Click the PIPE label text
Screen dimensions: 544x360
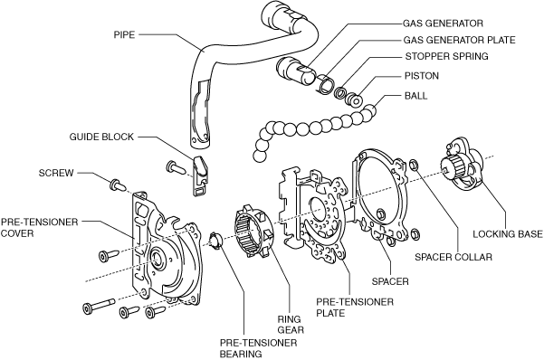pyautogui.click(x=124, y=34)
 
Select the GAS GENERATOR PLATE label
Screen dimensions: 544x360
pyautogui.click(x=459, y=40)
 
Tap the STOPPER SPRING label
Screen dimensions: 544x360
pyautogui.click(x=447, y=56)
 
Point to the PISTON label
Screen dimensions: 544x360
pyautogui.click(x=422, y=76)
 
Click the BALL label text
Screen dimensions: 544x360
pyautogui.click(x=416, y=95)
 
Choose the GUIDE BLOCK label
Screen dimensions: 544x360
pyautogui.click(x=101, y=137)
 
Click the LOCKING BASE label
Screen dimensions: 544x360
pyautogui.click(x=508, y=234)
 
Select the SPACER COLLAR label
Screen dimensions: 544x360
pyautogui.click(x=453, y=257)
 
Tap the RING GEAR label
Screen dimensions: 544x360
pyautogui.click(x=291, y=325)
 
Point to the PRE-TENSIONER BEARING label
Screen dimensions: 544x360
pyautogui.click(x=259, y=348)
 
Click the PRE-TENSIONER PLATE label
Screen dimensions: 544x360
pyautogui.click(x=355, y=308)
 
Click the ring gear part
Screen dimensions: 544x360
pyautogui.click(x=253, y=232)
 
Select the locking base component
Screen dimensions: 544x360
pyautogui.click(x=463, y=164)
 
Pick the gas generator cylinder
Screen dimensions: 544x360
pyautogui.click(x=297, y=71)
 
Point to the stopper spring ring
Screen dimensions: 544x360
pyautogui.click(x=340, y=92)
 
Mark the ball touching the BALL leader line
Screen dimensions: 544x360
pyautogui.click(x=369, y=111)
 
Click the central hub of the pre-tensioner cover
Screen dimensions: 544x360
pyautogui.click(x=158, y=259)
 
